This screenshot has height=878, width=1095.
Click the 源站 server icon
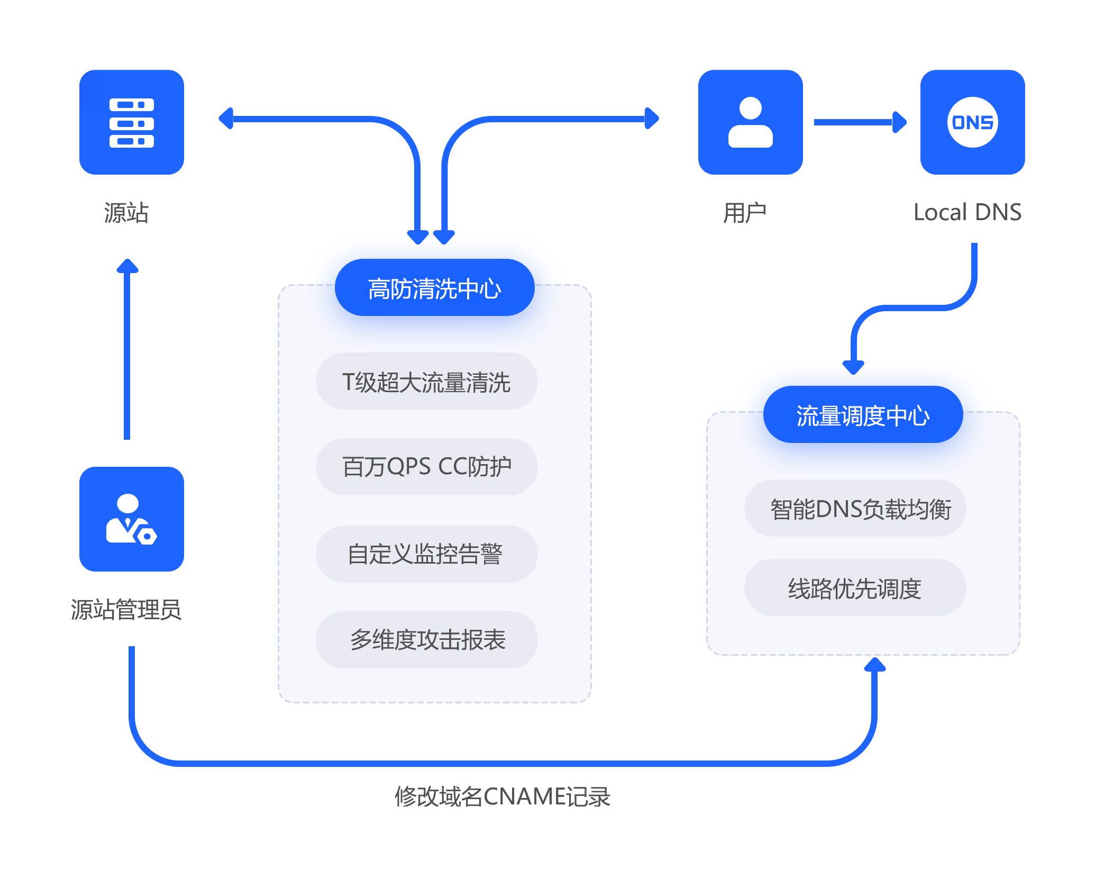coord(131,122)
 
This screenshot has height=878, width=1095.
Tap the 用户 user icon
coord(750,122)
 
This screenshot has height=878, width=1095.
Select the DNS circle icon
coord(972,122)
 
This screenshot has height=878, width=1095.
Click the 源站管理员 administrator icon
coord(131,519)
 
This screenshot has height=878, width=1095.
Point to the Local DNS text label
coord(967,212)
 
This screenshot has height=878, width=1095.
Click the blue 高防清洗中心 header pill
coord(434,288)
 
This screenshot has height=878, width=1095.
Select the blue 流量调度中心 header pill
coord(863,415)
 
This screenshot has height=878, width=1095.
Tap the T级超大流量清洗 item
coord(426,382)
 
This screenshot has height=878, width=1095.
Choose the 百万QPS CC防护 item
coord(426,467)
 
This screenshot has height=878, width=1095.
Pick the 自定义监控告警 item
coord(426,554)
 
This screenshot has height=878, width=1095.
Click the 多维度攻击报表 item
coord(426,640)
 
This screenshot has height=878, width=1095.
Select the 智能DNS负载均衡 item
coord(855,509)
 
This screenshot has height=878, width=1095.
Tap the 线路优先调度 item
coord(855,588)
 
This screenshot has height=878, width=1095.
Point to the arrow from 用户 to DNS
coord(860,122)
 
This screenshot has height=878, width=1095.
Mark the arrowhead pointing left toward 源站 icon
coord(226,118)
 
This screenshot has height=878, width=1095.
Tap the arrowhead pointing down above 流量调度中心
coord(853,366)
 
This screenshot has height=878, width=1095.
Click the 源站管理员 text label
coord(126,609)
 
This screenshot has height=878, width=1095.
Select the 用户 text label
coord(745,212)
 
